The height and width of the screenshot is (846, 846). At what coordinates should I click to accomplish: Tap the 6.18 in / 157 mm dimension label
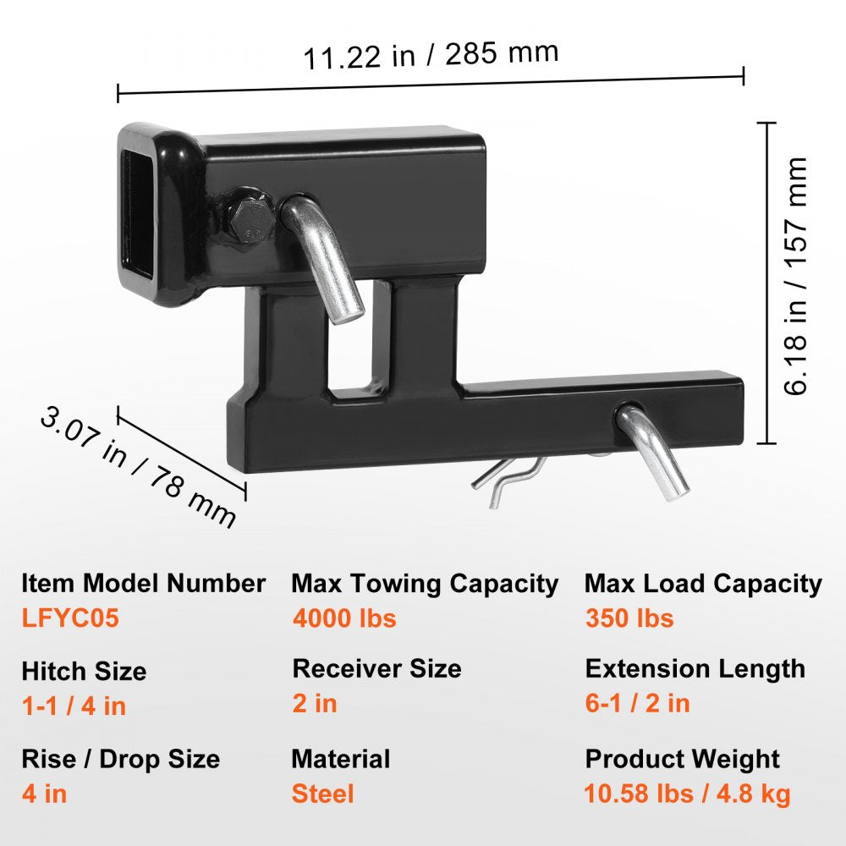pos(796,277)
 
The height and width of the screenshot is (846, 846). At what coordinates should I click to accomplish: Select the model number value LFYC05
pos(70,618)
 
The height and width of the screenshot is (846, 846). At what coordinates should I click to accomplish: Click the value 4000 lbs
pos(344,618)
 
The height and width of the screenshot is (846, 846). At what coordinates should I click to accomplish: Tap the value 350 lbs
pos(629,618)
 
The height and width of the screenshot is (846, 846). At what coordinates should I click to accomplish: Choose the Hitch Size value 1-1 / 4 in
pos(74,706)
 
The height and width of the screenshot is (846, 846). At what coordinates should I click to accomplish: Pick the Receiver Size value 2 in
pos(315,703)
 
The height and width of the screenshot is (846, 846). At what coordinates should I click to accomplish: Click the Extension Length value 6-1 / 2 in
pos(637,703)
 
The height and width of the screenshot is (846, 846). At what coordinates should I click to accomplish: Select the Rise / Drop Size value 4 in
pos(44,794)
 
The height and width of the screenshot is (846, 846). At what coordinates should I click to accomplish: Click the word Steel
pos(322,794)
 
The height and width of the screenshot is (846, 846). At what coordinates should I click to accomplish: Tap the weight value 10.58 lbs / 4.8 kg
pos(687,794)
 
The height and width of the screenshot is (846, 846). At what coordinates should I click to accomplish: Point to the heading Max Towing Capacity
pos(425,584)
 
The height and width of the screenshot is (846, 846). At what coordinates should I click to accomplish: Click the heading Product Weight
pos(682,759)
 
